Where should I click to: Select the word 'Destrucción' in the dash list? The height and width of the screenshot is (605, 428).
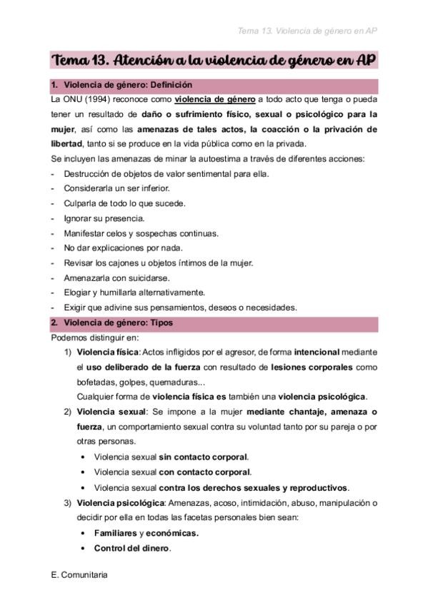point(84,173)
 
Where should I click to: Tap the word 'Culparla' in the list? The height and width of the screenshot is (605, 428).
point(79,203)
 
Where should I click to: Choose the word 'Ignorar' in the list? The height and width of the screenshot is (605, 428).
point(77,218)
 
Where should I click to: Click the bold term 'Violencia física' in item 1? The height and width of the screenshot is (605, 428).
point(107,352)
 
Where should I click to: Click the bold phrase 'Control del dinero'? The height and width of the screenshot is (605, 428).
point(132,548)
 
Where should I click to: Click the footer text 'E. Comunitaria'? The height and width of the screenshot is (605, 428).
point(80,574)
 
